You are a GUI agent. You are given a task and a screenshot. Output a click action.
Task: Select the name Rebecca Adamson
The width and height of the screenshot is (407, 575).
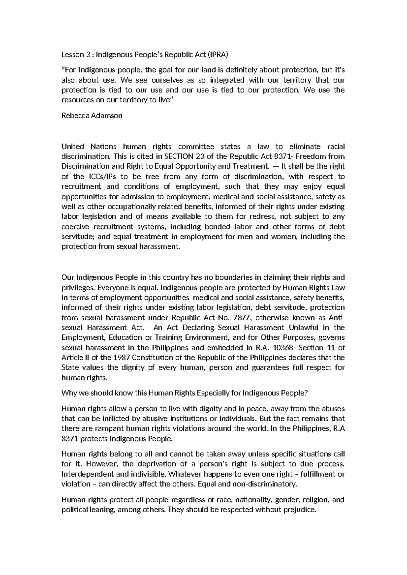92,115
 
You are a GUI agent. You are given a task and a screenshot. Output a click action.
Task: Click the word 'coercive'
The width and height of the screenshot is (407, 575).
73,226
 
